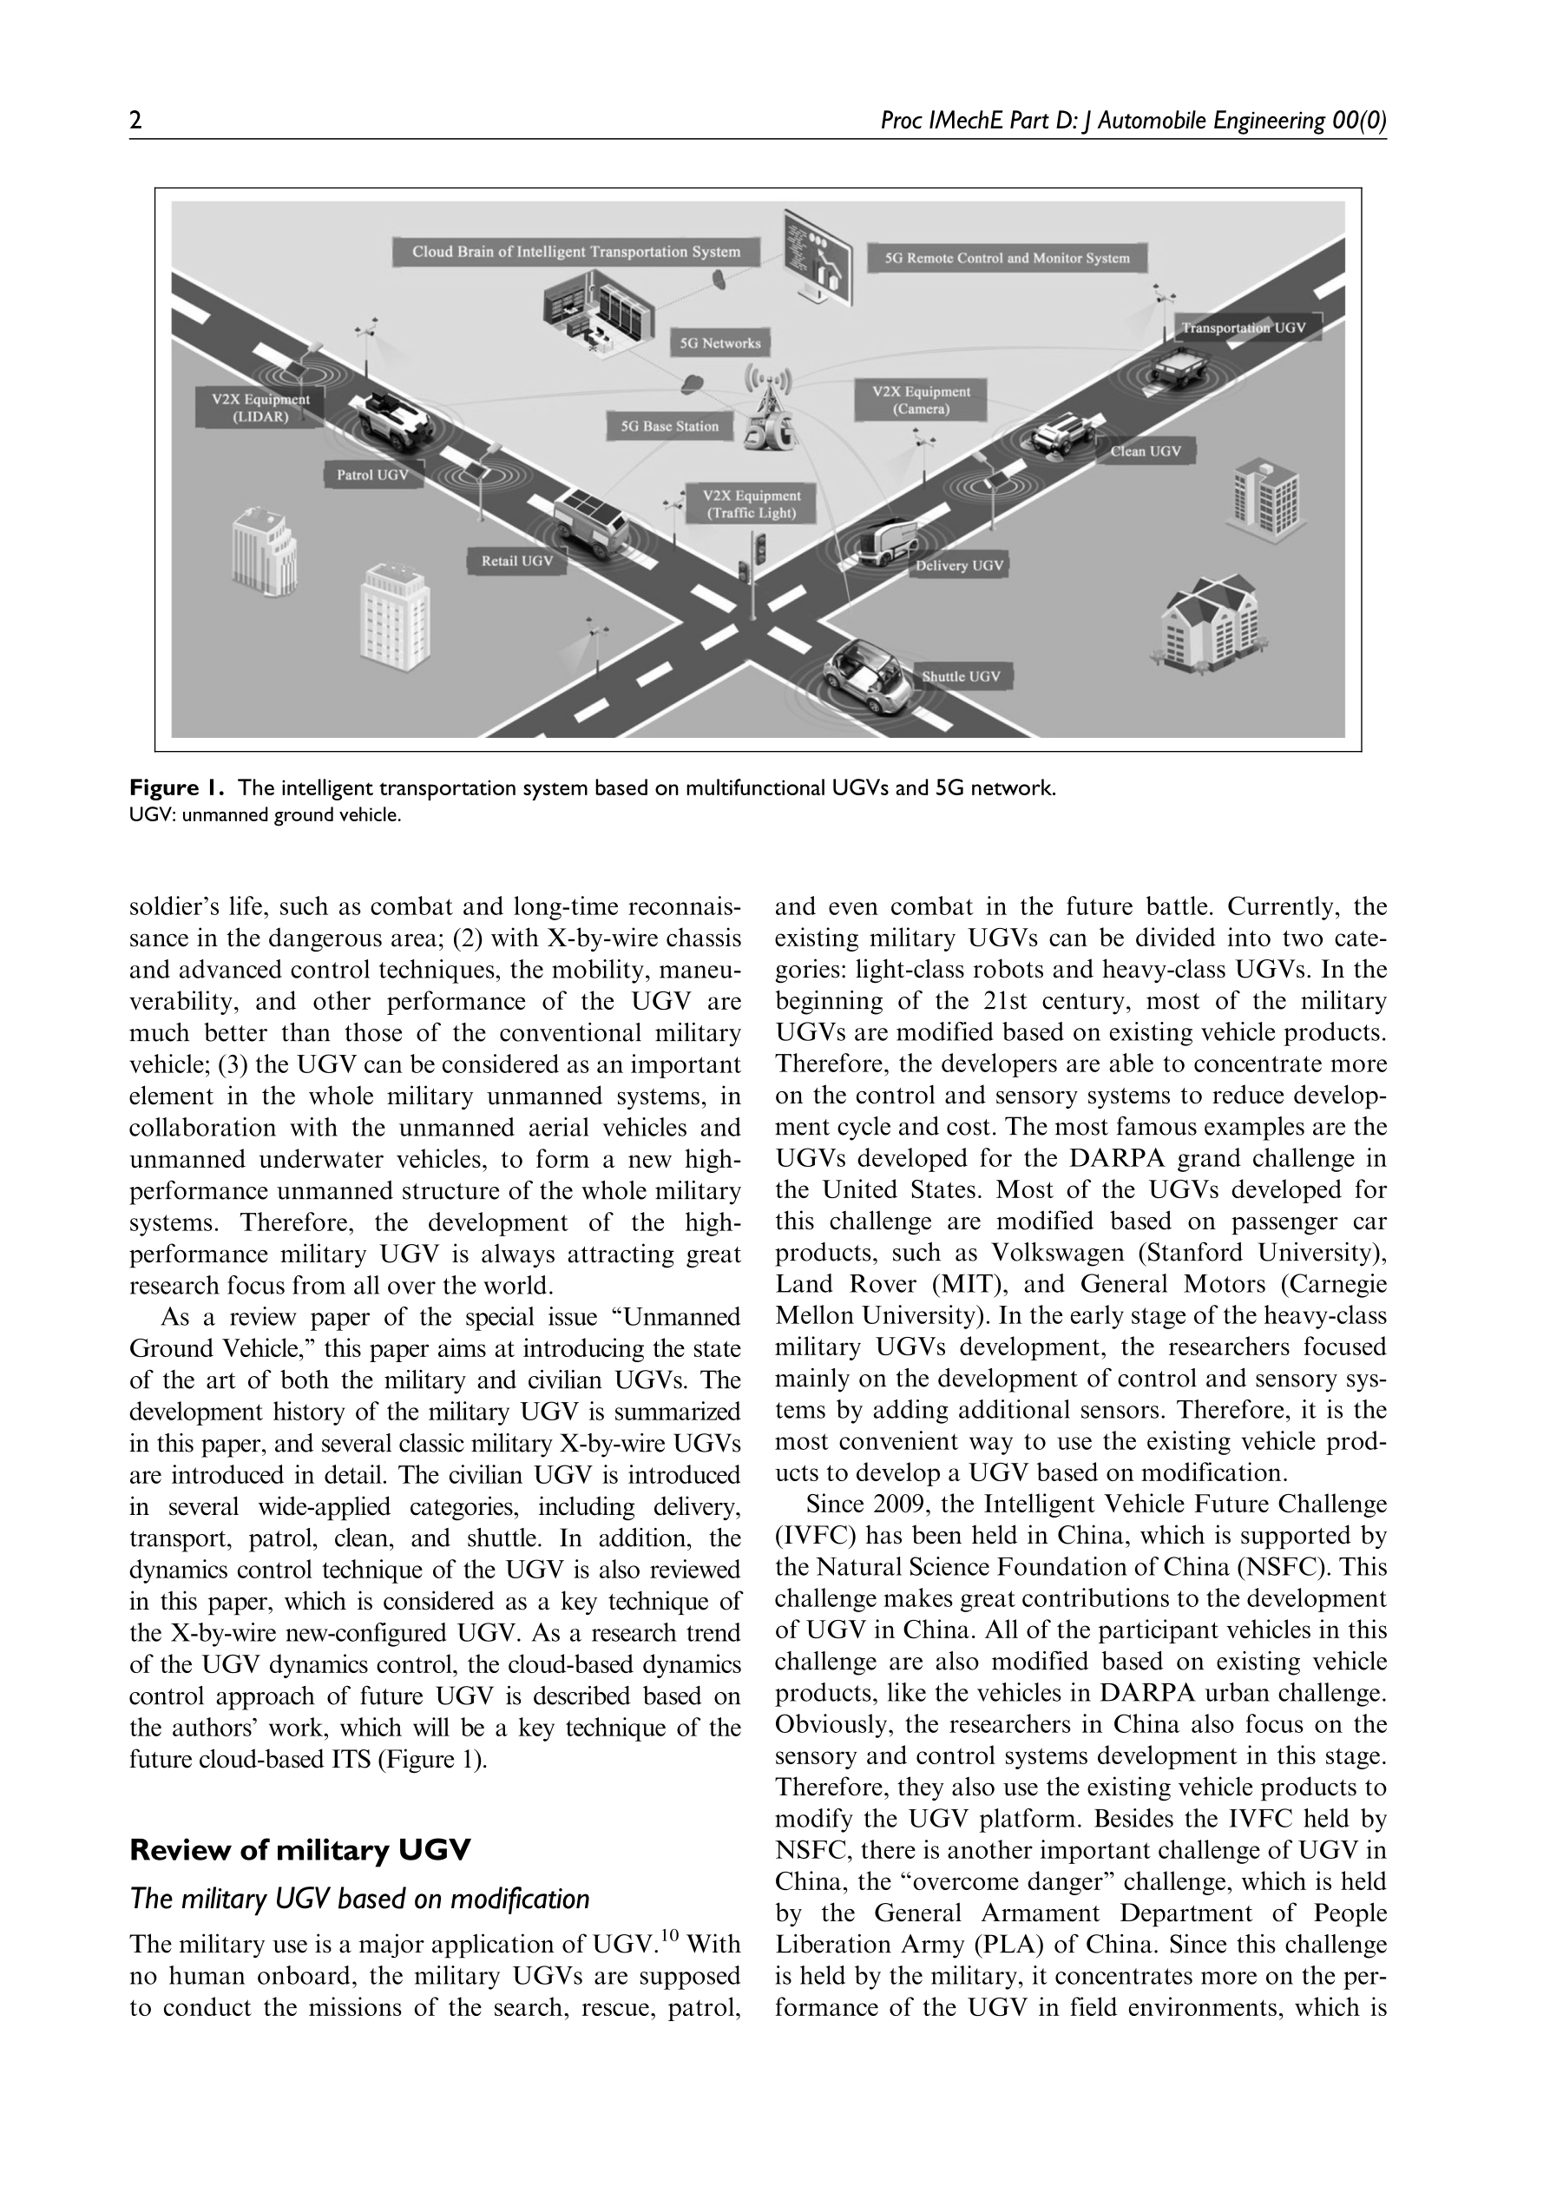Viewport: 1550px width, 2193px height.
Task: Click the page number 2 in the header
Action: [x=135, y=122]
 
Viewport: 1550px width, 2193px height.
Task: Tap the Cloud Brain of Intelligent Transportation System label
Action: [x=576, y=252]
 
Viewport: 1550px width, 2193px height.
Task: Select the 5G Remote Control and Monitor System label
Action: [x=1007, y=258]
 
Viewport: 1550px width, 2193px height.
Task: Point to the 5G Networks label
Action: [x=720, y=343]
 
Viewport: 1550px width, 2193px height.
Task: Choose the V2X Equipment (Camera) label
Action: [x=921, y=400]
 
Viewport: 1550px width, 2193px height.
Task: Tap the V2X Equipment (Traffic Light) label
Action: [x=752, y=504]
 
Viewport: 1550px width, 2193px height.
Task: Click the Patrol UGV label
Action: [x=372, y=475]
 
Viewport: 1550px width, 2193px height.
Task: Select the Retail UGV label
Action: [x=516, y=561]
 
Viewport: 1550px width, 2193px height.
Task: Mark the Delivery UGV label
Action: [x=959, y=565]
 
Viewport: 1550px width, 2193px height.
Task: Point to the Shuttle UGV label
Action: [x=961, y=676]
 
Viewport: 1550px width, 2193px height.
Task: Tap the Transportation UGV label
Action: [x=1244, y=327]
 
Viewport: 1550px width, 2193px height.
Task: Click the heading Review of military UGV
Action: [x=300, y=1850]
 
